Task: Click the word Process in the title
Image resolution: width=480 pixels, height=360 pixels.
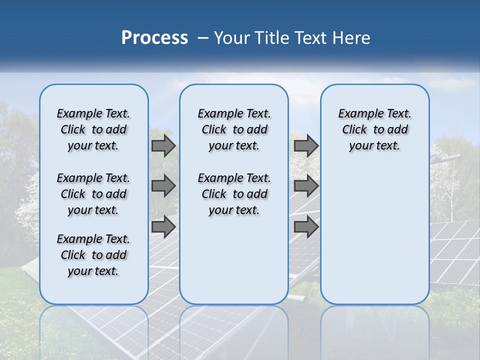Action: tap(154, 38)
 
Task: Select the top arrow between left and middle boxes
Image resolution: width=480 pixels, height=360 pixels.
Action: tap(163, 146)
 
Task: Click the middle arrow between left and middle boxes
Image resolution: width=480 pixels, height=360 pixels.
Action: tap(163, 186)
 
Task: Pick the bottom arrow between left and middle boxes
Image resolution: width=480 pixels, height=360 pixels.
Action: tap(163, 227)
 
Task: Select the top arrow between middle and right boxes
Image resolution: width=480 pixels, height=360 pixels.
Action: tap(306, 146)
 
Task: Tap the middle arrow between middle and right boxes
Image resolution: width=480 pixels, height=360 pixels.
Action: tap(306, 186)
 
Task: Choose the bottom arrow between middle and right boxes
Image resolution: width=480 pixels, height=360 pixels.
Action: tap(306, 227)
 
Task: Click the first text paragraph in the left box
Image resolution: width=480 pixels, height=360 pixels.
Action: tap(93, 129)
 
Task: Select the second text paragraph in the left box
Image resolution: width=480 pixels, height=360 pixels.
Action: tap(93, 194)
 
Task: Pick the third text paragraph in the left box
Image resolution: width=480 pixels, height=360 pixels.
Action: tap(93, 255)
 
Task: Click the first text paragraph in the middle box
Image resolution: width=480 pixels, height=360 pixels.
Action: tap(234, 129)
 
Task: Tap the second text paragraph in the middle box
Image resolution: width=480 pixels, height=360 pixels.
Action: tap(234, 194)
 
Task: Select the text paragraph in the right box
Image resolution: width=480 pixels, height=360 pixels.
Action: tap(374, 129)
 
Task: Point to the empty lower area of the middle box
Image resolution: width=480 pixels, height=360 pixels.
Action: tap(234, 260)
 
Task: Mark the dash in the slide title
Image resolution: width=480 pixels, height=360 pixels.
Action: tap(203, 38)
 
